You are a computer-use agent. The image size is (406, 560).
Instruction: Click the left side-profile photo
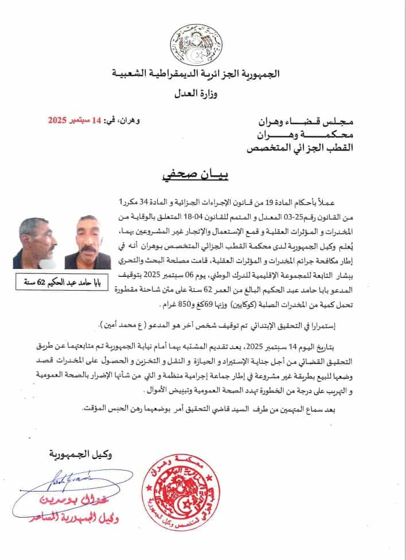36,242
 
